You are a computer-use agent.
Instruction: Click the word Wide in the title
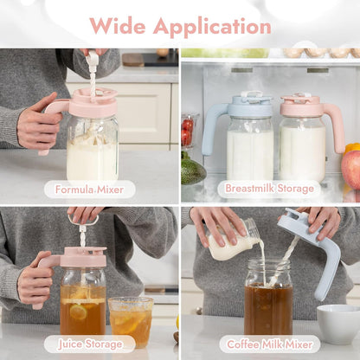coord(118,26)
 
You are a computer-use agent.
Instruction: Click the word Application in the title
coord(212,28)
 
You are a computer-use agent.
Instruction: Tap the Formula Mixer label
coord(89,190)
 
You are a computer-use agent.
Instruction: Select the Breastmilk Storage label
coord(269,189)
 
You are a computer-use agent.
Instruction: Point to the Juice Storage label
coord(90,344)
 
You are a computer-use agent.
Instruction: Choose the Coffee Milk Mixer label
coord(270,344)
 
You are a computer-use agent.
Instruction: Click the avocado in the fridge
coord(193,171)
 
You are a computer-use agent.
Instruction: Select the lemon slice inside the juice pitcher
coord(78,312)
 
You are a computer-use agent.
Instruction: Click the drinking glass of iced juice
coord(132,322)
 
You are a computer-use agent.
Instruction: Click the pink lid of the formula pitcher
coord(93,102)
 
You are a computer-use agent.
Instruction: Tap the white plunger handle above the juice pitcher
coord(83,221)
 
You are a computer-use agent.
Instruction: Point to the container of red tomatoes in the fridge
coord(188,132)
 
